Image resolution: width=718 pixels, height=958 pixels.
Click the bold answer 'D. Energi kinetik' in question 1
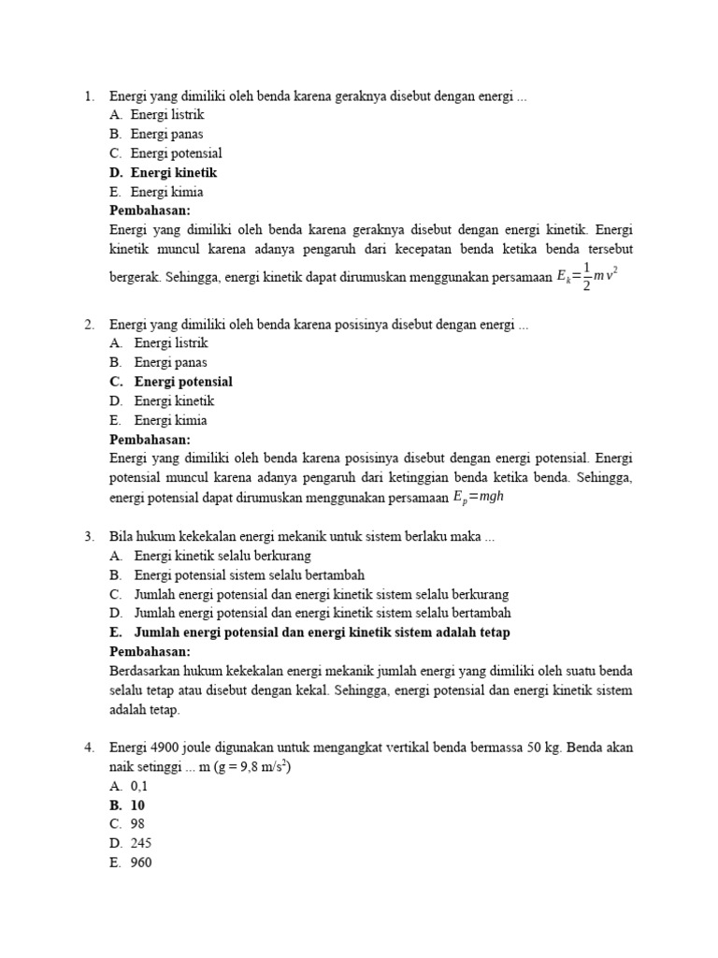tap(164, 173)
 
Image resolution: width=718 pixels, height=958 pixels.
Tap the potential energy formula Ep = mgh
tap(479, 498)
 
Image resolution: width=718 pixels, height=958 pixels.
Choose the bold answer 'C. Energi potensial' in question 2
tap(171, 382)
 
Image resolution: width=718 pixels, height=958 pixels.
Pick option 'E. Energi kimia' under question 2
tap(159, 420)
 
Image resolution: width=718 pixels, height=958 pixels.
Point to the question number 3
tap(89, 537)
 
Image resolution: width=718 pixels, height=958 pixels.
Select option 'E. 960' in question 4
tap(130, 863)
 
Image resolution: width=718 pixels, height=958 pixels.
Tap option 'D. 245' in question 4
tap(130, 843)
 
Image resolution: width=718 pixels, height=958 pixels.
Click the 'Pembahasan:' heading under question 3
tap(150, 651)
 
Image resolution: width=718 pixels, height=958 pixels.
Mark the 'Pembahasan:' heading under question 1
tap(150, 210)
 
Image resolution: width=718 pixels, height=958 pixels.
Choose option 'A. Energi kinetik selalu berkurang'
tap(210, 556)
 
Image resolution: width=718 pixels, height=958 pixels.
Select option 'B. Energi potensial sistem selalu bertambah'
tap(237, 574)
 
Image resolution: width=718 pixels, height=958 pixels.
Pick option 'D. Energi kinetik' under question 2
tap(163, 400)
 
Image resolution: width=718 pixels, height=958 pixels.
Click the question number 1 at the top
tap(89, 95)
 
